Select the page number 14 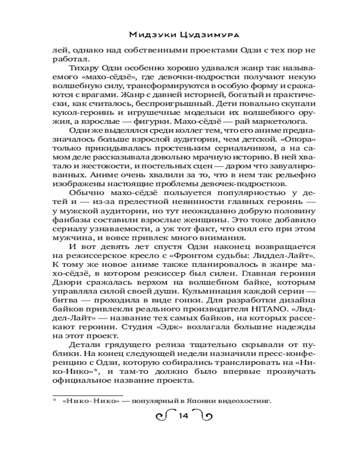pyautogui.click(x=182, y=415)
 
